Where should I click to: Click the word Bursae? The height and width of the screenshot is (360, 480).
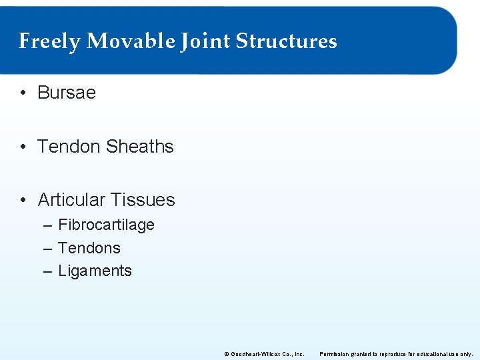(x=67, y=93)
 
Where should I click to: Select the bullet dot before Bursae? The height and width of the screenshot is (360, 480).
(x=23, y=93)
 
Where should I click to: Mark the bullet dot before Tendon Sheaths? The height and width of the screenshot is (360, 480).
(x=23, y=147)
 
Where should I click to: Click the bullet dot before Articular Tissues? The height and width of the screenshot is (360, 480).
(x=23, y=200)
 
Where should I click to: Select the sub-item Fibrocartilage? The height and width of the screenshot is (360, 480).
(x=106, y=225)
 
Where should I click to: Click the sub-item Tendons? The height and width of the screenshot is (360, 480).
(x=89, y=248)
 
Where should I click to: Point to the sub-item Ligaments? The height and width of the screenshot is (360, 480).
(x=95, y=271)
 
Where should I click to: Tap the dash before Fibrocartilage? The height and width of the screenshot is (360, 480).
(x=47, y=225)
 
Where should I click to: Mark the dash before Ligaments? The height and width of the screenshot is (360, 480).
(x=47, y=271)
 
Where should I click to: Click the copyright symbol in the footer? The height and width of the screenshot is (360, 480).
(x=227, y=353)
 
